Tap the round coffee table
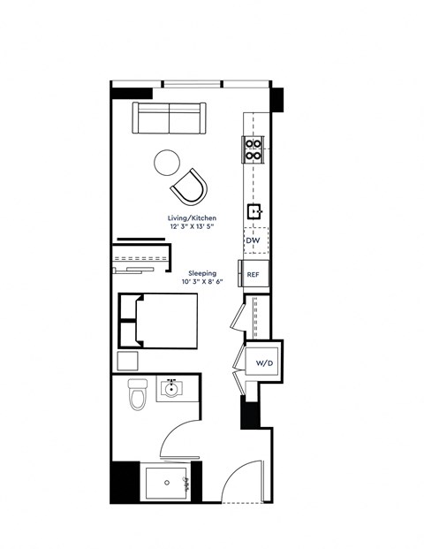tap(167, 162)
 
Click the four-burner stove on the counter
tap(254, 150)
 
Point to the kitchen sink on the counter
tap(254, 210)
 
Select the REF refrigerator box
tap(254, 274)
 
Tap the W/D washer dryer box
tap(263, 363)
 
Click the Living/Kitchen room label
tap(193, 217)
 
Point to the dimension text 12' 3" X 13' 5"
tap(193, 226)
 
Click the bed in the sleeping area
tap(159, 320)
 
